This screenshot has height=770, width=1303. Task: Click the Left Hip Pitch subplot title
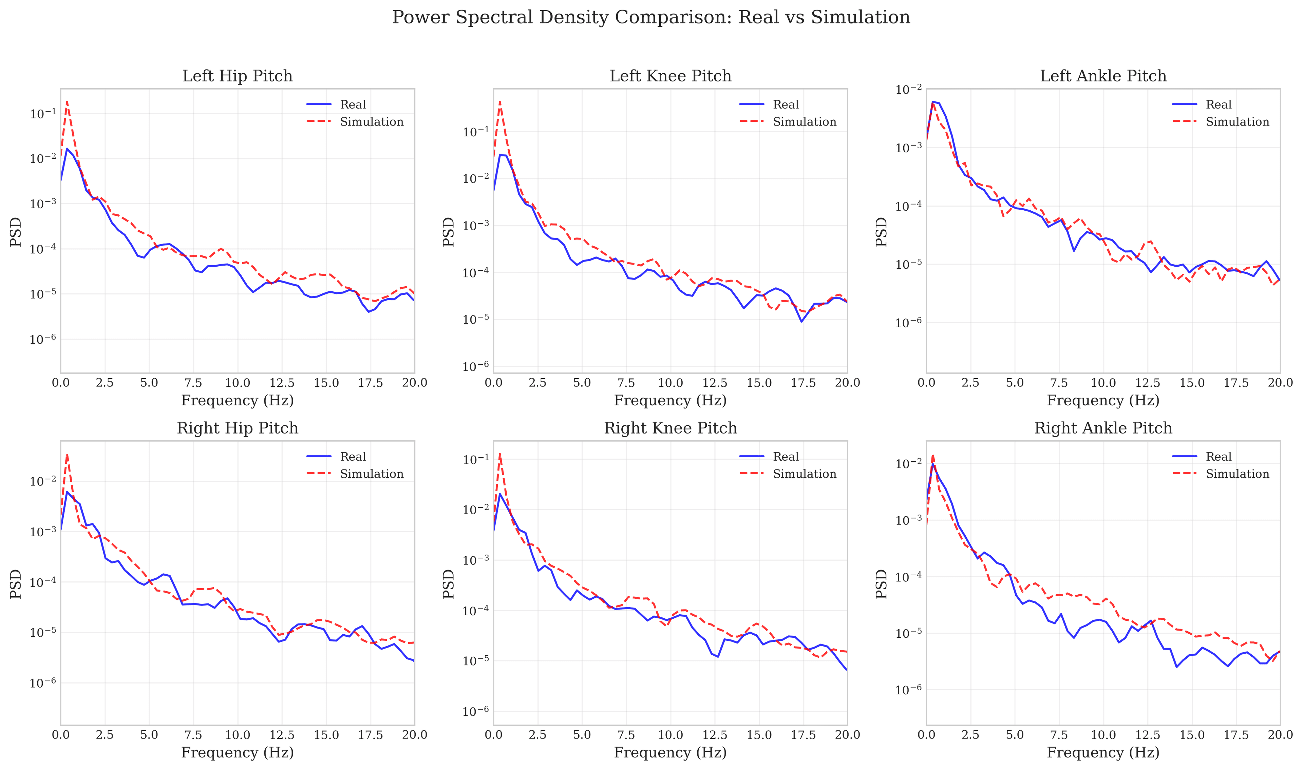[x=237, y=76]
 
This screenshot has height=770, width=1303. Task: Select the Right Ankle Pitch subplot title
[x=1103, y=428]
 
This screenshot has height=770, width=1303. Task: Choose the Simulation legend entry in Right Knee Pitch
[x=804, y=474]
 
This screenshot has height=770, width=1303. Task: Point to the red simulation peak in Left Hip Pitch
[x=67, y=102]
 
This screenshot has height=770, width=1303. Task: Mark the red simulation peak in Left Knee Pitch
[x=500, y=102]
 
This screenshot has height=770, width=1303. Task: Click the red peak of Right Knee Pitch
[x=500, y=454]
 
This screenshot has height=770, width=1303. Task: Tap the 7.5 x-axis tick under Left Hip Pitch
[x=193, y=383]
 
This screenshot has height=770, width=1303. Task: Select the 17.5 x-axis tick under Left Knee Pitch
[x=803, y=383]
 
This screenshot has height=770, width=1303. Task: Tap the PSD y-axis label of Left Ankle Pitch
[x=882, y=231]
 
